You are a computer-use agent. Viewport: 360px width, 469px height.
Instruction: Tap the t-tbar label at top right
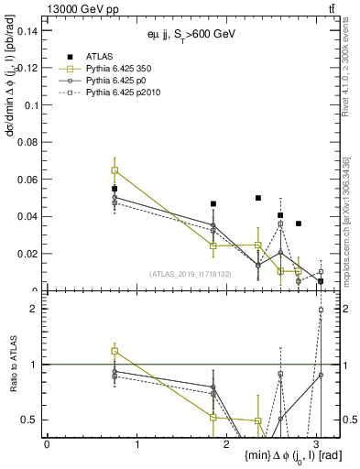coord(331,8)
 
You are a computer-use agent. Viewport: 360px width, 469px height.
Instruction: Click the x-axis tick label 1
coord(137,443)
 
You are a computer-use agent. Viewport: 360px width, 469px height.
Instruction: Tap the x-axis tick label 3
coord(316,443)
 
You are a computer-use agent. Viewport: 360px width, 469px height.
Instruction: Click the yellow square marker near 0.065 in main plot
coord(115,170)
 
